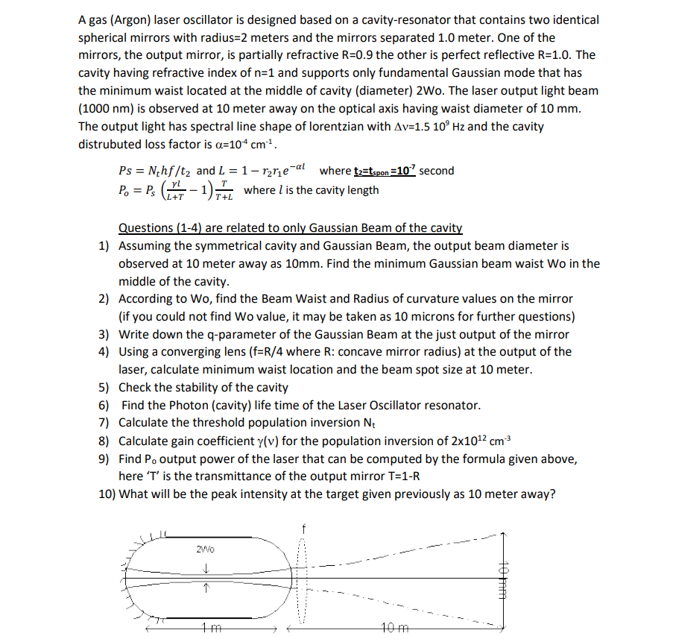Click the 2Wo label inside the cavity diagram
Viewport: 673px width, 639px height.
pyautogui.click(x=206, y=550)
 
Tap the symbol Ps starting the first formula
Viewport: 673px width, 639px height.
pyautogui.click(x=127, y=171)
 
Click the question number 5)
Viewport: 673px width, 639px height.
pyautogui.click(x=105, y=388)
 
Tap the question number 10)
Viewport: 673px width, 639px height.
pyautogui.click(x=107, y=494)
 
